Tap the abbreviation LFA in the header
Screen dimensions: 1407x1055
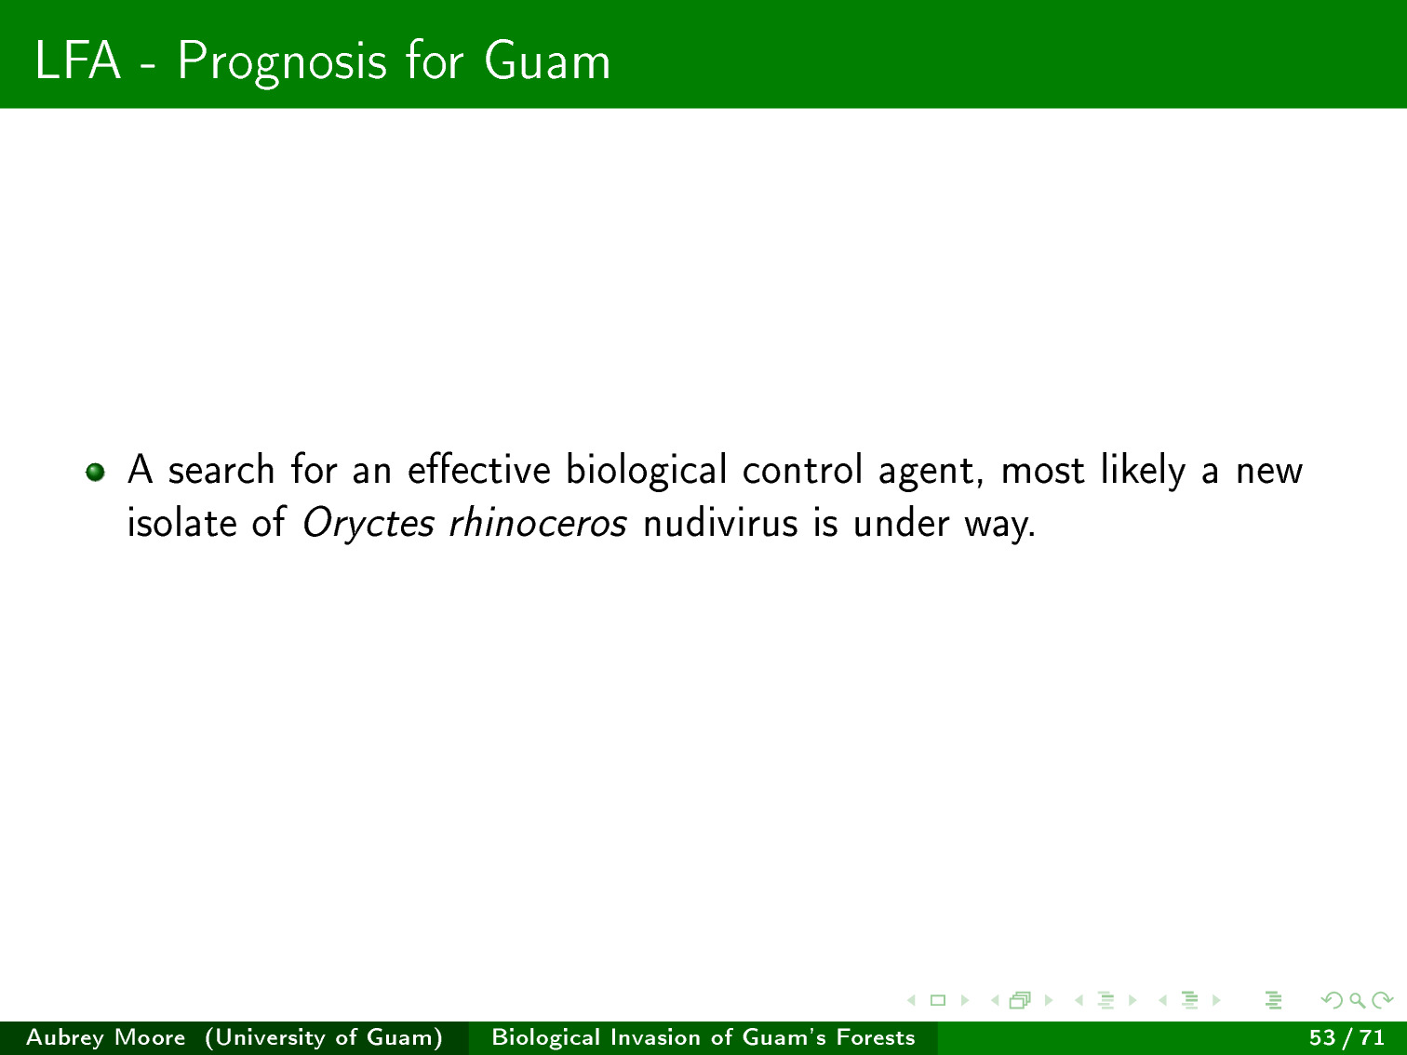coord(77,60)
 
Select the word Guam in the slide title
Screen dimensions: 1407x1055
coord(547,60)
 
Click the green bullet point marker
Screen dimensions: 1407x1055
coord(96,472)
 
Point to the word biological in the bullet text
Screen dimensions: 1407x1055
coord(646,471)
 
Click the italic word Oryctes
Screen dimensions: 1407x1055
coord(368,524)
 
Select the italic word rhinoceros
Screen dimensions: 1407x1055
coord(537,523)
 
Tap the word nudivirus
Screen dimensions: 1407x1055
coord(720,523)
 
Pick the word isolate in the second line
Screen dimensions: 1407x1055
coord(182,523)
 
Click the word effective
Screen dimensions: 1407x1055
coord(479,470)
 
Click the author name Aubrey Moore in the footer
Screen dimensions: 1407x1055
coord(106,1037)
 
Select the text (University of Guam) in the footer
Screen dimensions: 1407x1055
coord(324,1037)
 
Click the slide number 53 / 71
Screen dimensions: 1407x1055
coord(1347,1037)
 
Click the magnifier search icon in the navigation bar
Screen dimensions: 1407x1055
coord(1357,1000)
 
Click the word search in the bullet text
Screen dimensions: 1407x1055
coord(221,470)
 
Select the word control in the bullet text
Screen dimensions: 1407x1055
coord(802,470)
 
